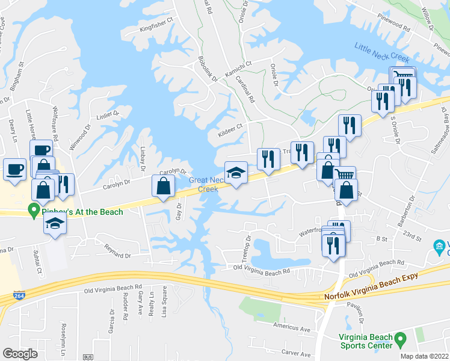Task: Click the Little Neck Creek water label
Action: coord(381,53)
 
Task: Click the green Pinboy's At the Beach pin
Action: coord(34,211)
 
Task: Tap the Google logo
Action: coord(20,353)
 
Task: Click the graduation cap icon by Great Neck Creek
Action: coord(236,173)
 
